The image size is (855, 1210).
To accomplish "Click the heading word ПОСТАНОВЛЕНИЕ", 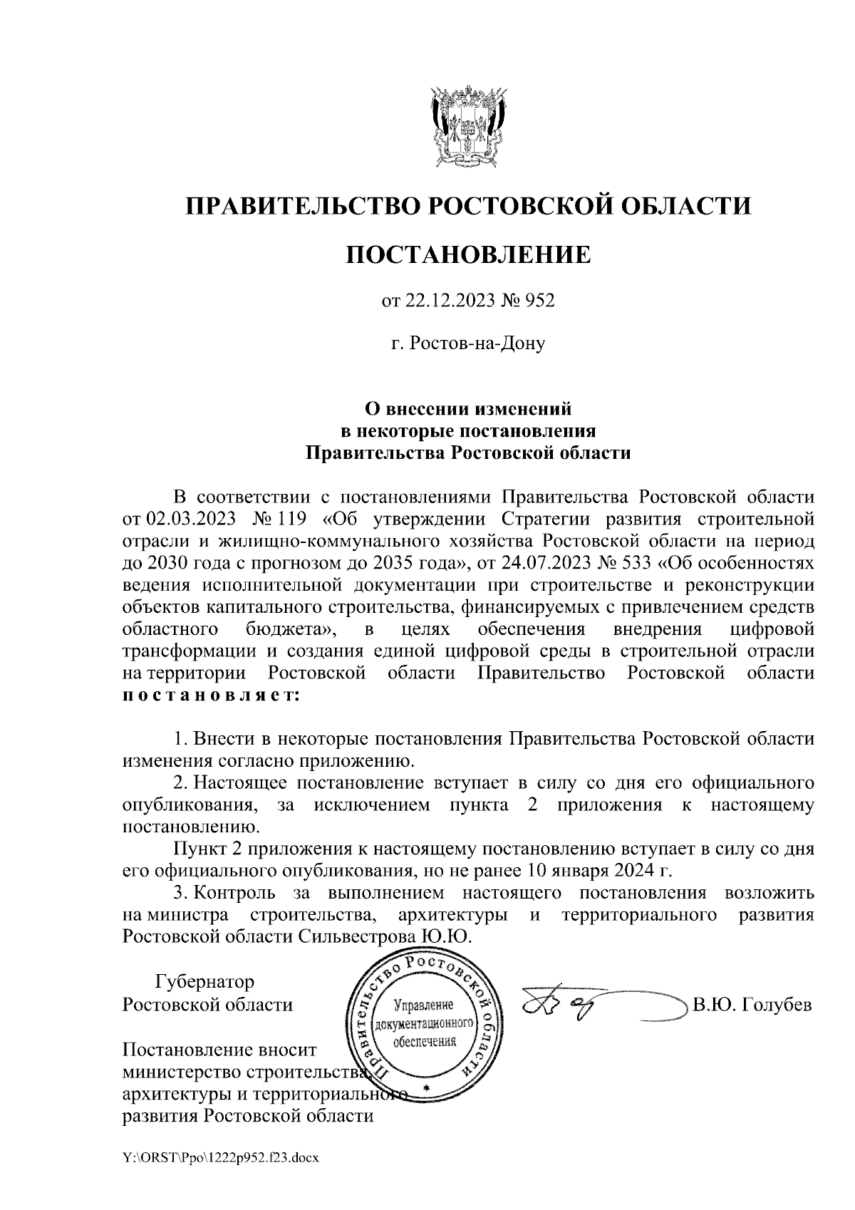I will [x=468, y=254].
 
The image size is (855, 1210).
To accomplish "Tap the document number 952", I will [x=539, y=302].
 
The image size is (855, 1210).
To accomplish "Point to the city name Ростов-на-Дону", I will [x=478, y=345].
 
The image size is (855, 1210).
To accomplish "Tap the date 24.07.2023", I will [x=549, y=564].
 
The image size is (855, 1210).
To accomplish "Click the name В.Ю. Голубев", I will [x=752, y=1005].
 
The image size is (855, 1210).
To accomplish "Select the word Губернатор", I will [x=204, y=982].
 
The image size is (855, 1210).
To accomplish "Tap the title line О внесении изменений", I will [x=468, y=410].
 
